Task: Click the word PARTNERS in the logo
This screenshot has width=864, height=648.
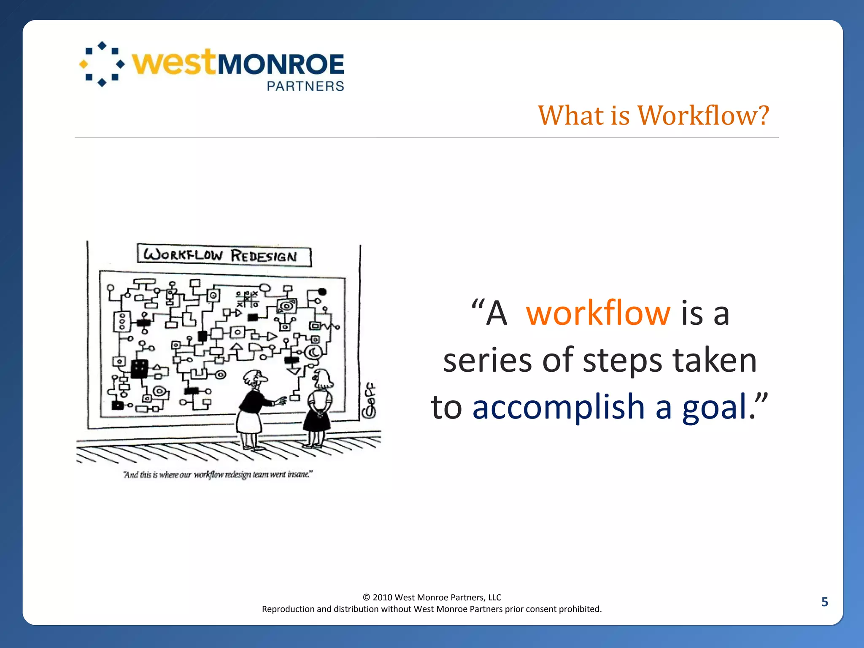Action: coord(305,86)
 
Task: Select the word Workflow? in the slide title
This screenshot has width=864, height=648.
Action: coord(703,115)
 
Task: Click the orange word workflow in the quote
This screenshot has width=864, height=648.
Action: coord(598,313)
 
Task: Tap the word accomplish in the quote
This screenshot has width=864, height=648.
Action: coord(559,407)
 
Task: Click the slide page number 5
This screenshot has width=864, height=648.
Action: coord(824,602)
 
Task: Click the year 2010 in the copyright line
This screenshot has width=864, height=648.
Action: coord(382,597)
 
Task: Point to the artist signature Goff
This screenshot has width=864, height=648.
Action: coord(370,401)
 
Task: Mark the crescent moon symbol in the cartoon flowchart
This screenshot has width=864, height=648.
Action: coord(314,351)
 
